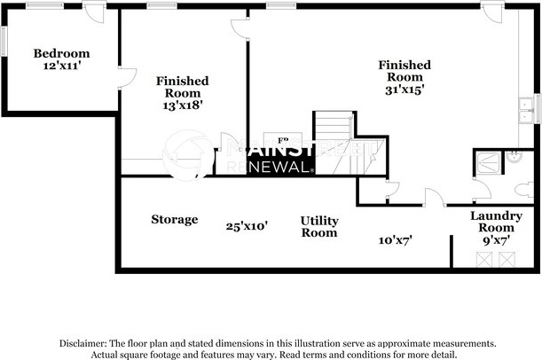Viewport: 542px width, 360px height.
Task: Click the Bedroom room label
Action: click(62, 53)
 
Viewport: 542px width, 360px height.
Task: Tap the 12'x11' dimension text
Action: click(62, 66)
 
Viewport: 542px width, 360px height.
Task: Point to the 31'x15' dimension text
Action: click(405, 89)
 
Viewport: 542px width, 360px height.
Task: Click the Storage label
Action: click(174, 219)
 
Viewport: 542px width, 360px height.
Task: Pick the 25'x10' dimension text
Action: click(247, 226)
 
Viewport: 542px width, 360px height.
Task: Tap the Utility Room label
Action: click(318, 226)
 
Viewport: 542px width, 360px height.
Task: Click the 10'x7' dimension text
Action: click(395, 239)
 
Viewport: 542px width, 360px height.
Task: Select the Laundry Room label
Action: click(496, 222)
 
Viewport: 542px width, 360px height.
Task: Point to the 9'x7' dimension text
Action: click(496, 239)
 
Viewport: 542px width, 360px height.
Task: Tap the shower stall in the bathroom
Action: click(487, 161)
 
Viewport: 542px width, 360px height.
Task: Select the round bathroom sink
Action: click(512, 158)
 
